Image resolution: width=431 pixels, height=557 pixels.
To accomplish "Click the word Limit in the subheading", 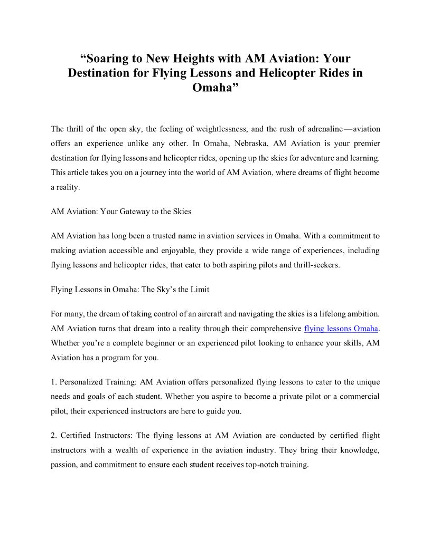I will click(199, 289).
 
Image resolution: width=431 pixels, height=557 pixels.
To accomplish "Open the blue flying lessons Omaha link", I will click(341, 328).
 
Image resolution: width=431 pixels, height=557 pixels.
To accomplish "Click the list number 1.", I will click(53, 381).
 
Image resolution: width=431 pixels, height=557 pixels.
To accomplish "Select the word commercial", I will click(359, 396).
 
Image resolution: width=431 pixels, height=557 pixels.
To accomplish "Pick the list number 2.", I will click(53, 435).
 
